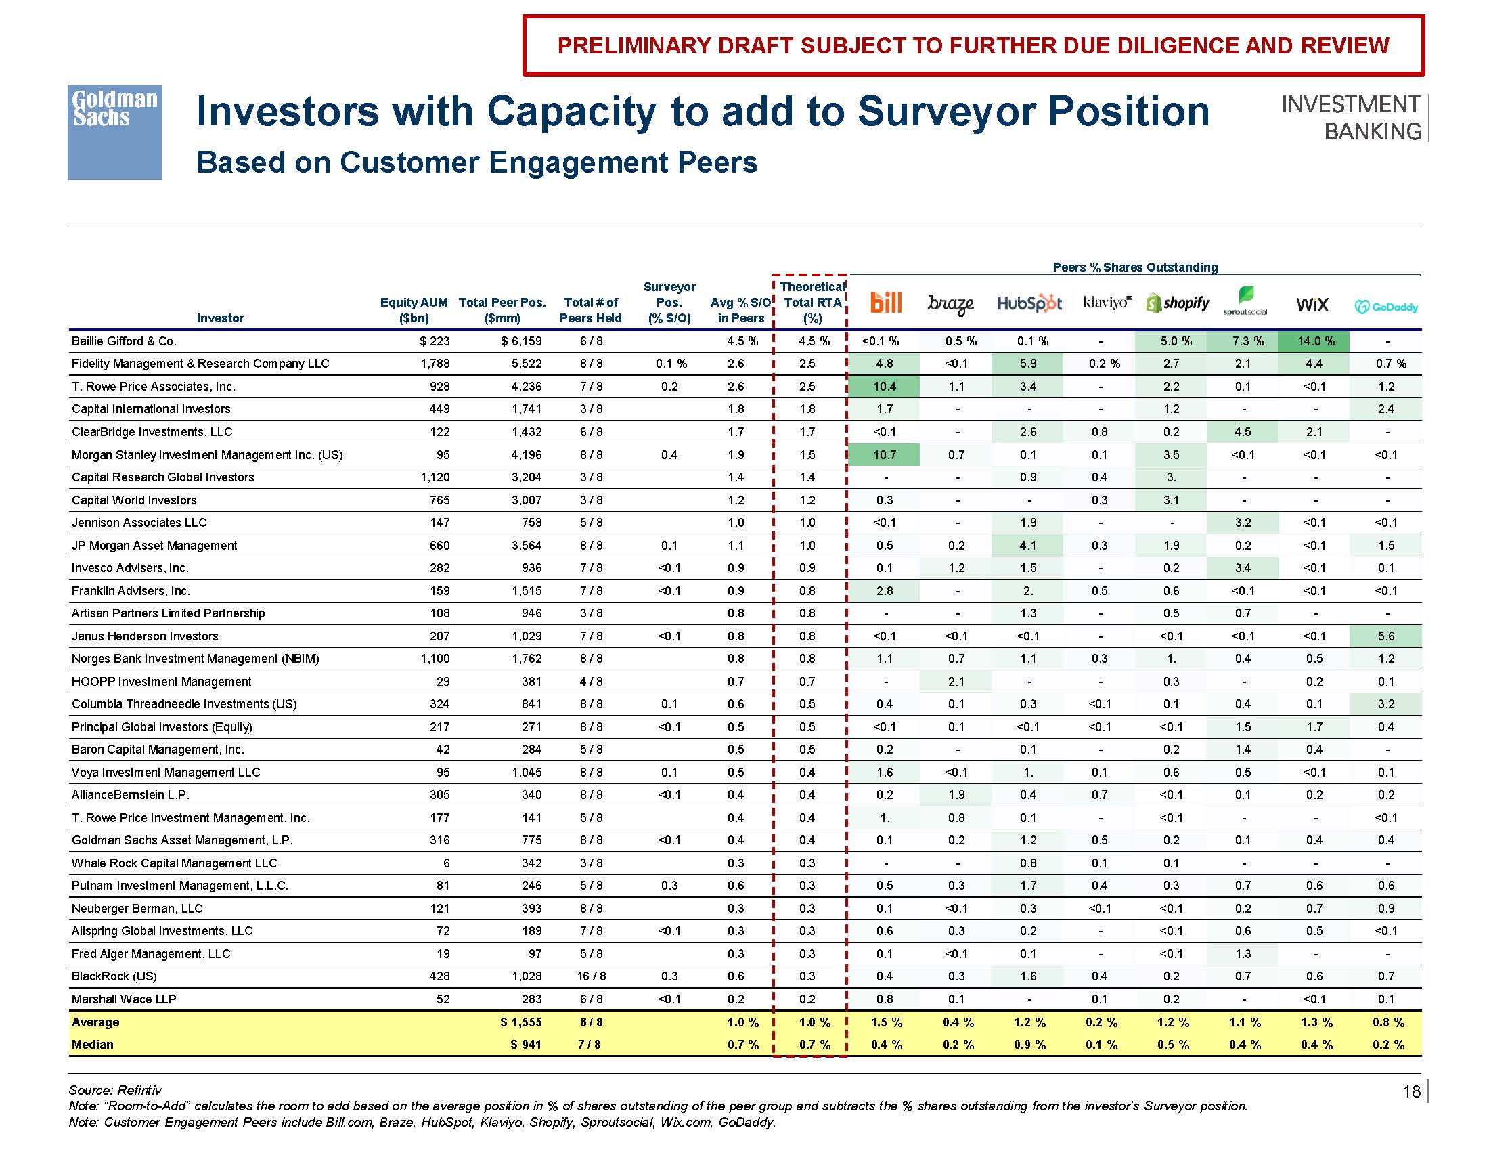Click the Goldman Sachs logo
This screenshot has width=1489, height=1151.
click(x=114, y=132)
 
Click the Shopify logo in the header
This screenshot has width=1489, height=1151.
click(x=1178, y=303)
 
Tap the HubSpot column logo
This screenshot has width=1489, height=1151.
click(x=1029, y=303)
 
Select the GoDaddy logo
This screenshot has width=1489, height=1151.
click(x=1386, y=307)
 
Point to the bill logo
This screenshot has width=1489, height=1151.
click(x=887, y=303)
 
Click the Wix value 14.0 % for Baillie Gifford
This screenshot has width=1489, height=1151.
click(x=1315, y=341)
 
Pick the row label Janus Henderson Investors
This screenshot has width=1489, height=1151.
click(x=145, y=636)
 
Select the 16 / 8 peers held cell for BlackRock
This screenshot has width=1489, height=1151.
click(x=591, y=976)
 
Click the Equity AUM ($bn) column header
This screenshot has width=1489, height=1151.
click(x=413, y=310)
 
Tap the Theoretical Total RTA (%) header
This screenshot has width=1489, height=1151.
click(x=812, y=302)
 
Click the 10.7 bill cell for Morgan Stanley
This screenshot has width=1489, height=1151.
click(x=885, y=455)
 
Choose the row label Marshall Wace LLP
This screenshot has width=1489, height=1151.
click(x=123, y=999)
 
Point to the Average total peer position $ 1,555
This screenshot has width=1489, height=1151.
click(x=521, y=1022)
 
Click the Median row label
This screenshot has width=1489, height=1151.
click(x=93, y=1045)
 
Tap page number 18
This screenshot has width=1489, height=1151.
click(x=1411, y=1091)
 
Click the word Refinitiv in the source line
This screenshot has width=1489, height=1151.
click(x=139, y=1090)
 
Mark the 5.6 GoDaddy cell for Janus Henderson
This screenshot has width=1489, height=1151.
click(x=1385, y=636)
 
